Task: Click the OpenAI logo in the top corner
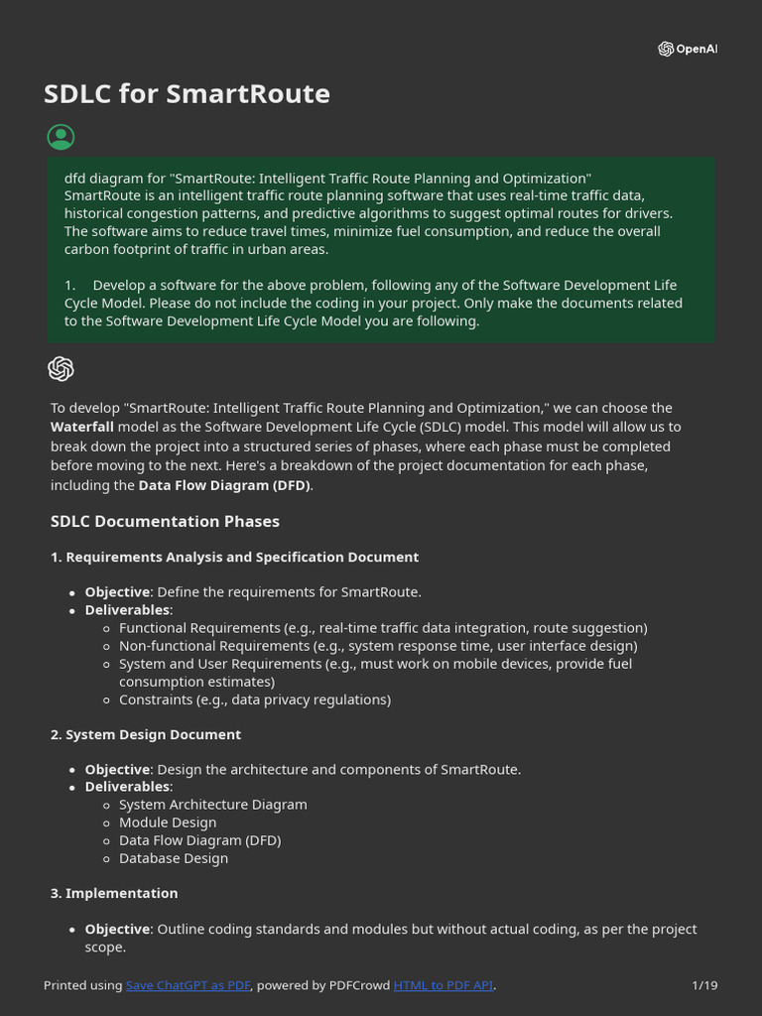(x=687, y=50)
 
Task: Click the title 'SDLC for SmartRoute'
(x=187, y=94)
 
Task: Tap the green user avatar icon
(x=61, y=137)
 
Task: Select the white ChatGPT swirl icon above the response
(x=61, y=369)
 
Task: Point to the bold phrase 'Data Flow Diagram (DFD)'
(x=224, y=485)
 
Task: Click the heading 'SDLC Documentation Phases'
(x=165, y=521)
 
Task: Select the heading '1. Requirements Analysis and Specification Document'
(x=234, y=558)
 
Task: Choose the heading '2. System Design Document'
(x=146, y=734)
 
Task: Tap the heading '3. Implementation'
(x=114, y=893)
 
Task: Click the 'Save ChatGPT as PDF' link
(x=189, y=985)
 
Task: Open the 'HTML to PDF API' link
(x=444, y=985)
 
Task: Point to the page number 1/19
(x=704, y=985)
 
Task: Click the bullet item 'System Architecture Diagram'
(x=212, y=805)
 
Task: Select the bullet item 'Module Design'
(x=168, y=823)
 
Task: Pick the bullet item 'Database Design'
(x=174, y=858)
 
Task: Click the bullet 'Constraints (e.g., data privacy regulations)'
(x=255, y=699)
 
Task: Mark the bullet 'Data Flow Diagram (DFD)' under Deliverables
(x=199, y=840)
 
